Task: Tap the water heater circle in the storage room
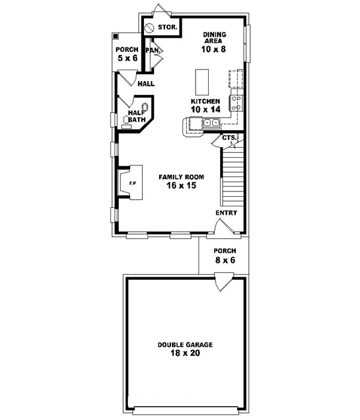pyautogui.click(x=149, y=27)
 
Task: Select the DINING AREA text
pyautogui.click(x=214, y=38)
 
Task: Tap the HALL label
pyautogui.click(x=146, y=84)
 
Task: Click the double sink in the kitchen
pyautogui.click(x=211, y=124)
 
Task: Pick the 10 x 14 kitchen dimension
pyautogui.click(x=205, y=110)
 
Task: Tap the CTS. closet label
pyautogui.click(x=228, y=137)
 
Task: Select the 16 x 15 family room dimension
pyautogui.click(x=181, y=186)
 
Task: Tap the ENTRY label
pyautogui.click(x=226, y=213)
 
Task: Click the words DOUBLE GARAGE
pyautogui.click(x=185, y=345)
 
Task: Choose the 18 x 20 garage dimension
pyautogui.click(x=185, y=354)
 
